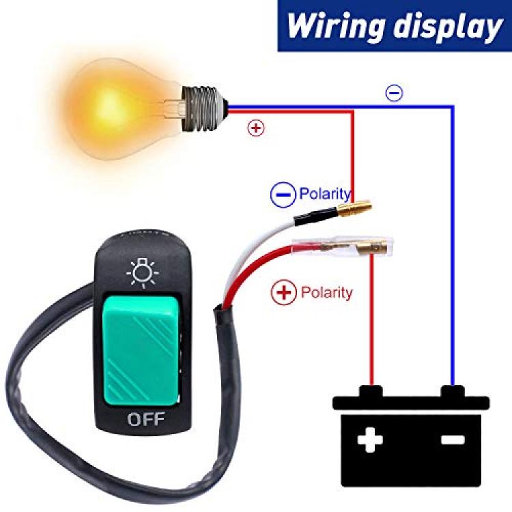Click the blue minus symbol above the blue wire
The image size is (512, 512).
pyautogui.click(x=395, y=93)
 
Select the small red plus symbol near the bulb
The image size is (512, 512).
pyautogui.click(x=256, y=128)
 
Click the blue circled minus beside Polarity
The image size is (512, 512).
pyautogui.click(x=283, y=195)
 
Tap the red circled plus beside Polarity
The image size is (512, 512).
pyautogui.click(x=284, y=292)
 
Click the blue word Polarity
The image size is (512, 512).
pyautogui.click(x=325, y=194)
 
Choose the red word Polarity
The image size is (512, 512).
pyautogui.click(x=326, y=292)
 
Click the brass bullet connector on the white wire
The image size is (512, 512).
pyautogui.click(x=355, y=208)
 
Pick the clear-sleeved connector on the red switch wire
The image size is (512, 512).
pyautogui.click(x=343, y=247)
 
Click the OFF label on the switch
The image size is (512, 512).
pyautogui.click(x=145, y=419)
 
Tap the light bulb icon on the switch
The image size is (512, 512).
pyautogui.click(x=143, y=273)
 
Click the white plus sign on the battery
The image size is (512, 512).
pyautogui.click(x=370, y=440)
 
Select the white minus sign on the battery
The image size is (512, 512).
pyautogui.click(x=453, y=440)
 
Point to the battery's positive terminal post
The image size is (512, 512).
pyautogui.click(x=371, y=391)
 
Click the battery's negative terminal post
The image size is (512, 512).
pyautogui.click(x=453, y=391)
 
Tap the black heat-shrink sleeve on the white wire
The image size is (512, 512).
pyautogui.click(x=315, y=217)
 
